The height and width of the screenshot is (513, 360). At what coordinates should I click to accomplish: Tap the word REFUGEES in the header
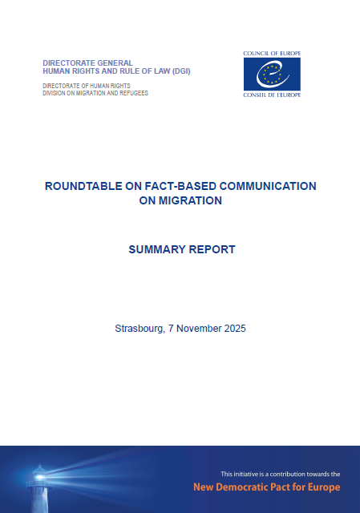pos(133,93)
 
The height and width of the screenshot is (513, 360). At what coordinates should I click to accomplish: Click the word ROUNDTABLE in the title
pos(79,186)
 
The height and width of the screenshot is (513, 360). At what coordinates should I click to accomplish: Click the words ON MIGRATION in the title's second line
pos(180,201)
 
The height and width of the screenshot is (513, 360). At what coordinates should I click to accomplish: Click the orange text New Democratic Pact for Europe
pos(266,487)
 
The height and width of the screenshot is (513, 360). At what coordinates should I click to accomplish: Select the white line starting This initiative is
pos(281,474)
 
